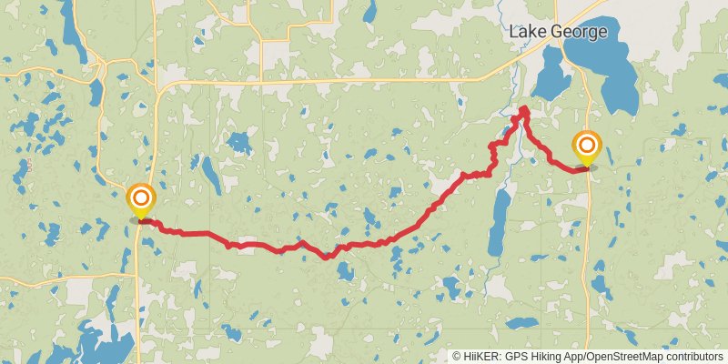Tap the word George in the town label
(x=577, y=33)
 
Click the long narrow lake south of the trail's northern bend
(x=498, y=223)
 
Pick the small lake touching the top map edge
(x=369, y=11)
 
